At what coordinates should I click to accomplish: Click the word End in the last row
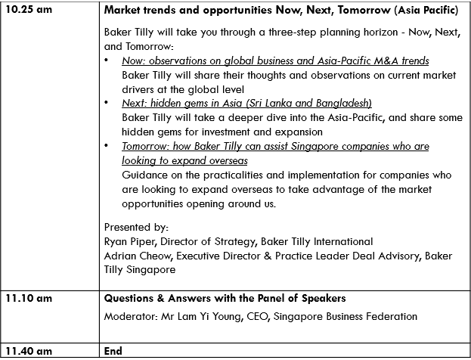(x=113, y=351)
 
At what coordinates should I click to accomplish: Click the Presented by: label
(x=136, y=227)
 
